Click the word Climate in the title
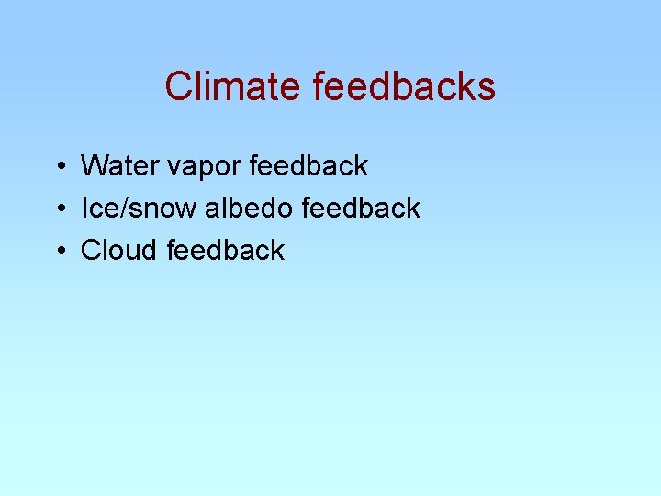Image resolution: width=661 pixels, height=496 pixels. (233, 86)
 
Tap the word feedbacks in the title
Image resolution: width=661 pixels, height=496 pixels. (404, 86)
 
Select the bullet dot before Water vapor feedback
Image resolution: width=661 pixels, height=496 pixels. (58, 167)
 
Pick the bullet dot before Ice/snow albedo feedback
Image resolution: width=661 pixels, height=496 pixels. (58, 209)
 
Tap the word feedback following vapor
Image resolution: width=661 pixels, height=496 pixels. (308, 166)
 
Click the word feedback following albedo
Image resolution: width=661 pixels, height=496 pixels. (360, 209)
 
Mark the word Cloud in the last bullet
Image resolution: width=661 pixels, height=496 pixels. (119, 250)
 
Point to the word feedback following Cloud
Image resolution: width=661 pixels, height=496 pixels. (226, 250)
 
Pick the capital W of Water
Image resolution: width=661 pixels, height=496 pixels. (94, 166)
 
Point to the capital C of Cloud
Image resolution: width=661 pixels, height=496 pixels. (91, 250)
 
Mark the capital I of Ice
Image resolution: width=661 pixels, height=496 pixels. (84, 209)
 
